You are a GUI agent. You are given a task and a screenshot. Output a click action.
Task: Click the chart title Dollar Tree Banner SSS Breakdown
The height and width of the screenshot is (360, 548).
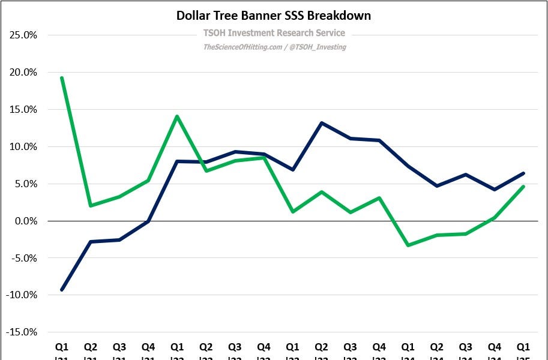[x=273, y=16]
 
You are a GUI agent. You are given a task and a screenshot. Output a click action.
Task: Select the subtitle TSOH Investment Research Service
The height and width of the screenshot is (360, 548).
[x=273, y=33]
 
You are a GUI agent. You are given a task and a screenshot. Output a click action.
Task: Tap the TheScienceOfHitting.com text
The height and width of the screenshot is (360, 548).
[x=242, y=47]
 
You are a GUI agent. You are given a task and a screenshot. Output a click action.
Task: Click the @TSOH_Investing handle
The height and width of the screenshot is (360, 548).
[x=318, y=47]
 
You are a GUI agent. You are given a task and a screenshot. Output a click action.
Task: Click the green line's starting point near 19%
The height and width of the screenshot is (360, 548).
[x=62, y=78]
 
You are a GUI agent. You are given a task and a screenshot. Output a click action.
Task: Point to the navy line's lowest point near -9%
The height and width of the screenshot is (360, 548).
[x=62, y=290]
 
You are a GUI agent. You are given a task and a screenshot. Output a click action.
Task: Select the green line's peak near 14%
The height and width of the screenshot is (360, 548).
[x=176, y=116]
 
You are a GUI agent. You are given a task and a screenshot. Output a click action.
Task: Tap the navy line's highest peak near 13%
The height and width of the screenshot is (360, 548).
[x=322, y=123]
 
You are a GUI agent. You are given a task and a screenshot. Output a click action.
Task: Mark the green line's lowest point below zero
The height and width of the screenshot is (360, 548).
[x=408, y=245]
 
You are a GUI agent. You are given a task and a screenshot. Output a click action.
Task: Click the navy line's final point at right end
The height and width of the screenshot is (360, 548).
[x=523, y=173]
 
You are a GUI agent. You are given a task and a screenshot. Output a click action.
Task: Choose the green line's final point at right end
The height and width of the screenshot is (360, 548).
[x=523, y=187]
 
